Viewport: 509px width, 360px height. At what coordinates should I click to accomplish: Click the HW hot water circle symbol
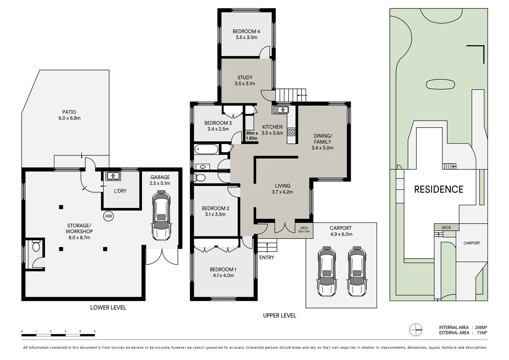pos(108,216)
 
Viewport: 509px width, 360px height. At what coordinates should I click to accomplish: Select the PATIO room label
pos(69,112)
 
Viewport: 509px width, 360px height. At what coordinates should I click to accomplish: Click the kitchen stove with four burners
pos(291,132)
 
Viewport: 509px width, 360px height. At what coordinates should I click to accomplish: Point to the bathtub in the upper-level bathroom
pos(206,149)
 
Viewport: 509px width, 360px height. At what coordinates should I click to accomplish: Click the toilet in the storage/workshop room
pos(36,246)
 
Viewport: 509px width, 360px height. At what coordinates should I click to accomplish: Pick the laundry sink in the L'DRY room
pos(113,176)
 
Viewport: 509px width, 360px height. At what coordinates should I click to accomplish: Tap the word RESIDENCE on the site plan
pos(439,189)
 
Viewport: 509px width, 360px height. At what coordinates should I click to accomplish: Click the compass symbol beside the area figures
pos(416,330)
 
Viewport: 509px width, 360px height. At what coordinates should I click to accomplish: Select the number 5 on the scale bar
pos(95,331)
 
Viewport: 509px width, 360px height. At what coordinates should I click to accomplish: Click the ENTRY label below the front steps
pos(266,257)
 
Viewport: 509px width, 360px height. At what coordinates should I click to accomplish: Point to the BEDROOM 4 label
pos(246,31)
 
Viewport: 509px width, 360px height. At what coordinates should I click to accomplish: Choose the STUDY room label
pos(245,78)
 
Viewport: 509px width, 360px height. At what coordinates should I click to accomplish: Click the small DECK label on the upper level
pos(304,228)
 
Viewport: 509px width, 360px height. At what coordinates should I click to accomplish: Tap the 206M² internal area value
pos(481,327)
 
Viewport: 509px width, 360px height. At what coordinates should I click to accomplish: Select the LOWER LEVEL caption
pos(108,307)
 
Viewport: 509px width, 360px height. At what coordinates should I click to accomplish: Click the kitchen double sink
pos(280,110)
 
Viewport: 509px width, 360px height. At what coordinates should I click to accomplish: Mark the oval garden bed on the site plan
pos(440,84)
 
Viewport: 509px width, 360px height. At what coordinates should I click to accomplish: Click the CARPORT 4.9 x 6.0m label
pos(341,231)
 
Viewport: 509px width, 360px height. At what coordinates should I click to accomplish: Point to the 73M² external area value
pos(482,333)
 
